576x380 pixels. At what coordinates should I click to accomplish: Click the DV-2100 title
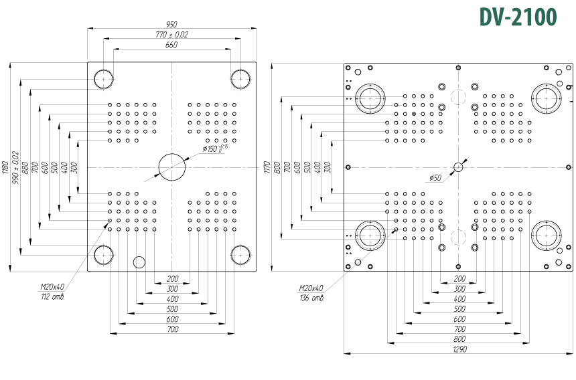coord(518,17)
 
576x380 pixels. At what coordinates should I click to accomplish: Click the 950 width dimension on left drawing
coord(171,25)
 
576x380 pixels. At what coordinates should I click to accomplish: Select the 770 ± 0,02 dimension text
coord(171,35)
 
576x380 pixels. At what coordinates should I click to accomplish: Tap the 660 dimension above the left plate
coord(171,45)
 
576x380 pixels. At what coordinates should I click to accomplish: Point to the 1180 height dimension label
coord(5,167)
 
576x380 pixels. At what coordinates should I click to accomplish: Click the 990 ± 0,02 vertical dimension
coord(16,167)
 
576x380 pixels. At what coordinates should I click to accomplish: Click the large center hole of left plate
coord(171,167)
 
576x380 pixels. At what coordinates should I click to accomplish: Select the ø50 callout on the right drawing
coord(435,178)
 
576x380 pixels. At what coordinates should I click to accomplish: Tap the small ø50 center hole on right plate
coord(458,167)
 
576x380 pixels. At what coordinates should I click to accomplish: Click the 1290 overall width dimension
coord(459,349)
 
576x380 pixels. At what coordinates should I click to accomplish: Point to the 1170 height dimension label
coord(267,167)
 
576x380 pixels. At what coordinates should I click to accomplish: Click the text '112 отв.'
coord(53,296)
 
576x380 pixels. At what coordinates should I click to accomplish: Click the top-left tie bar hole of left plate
coord(104,79)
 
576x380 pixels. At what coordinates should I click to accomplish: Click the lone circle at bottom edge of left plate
coord(139,262)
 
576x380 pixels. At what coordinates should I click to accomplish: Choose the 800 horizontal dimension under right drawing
coord(459,339)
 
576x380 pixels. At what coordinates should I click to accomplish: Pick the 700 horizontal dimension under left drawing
coord(172,329)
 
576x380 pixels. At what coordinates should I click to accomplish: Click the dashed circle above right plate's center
coord(458,97)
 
